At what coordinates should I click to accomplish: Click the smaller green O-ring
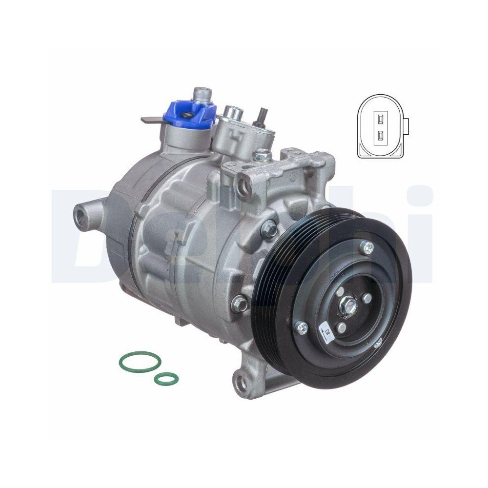click(x=166, y=377)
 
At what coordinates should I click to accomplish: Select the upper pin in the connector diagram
click(x=380, y=117)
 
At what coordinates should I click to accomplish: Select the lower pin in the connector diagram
click(x=380, y=136)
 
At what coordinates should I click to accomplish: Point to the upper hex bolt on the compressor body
click(x=269, y=227)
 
